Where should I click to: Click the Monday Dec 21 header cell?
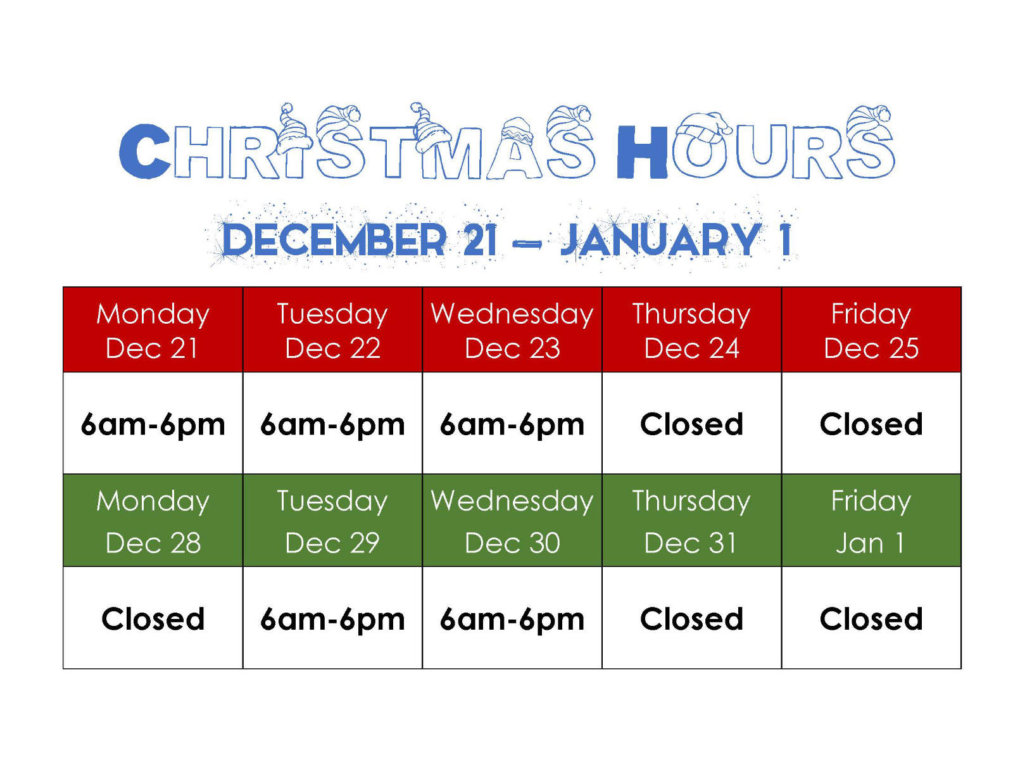click(153, 329)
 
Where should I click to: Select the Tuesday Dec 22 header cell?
click(332, 329)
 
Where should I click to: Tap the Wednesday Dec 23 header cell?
click(512, 329)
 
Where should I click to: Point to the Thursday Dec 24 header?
click(691, 329)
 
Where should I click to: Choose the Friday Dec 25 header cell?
click(871, 329)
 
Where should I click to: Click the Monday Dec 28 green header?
click(153, 520)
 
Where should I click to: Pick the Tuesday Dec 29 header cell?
click(332, 520)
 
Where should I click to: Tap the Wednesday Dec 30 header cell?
click(512, 520)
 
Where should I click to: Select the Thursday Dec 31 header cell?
click(691, 520)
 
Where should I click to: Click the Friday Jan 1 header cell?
click(871, 520)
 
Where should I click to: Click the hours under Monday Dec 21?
click(153, 425)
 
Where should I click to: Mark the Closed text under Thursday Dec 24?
click(691, 424)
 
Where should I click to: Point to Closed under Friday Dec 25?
click(871, 424)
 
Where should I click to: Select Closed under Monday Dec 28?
click(153, 619)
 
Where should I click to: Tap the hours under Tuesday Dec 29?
click(332, 620)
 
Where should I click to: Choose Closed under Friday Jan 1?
click(871, 619)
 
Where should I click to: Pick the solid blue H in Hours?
click(643, 152)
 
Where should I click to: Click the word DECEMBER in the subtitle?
click(334, 239)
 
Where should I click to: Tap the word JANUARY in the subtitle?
click(660, 239)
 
